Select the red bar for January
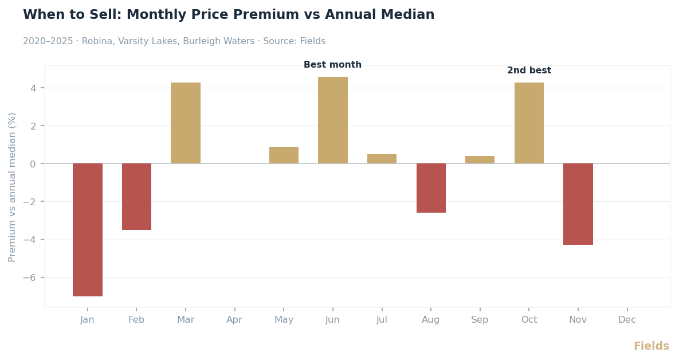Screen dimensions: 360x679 pos(88,229)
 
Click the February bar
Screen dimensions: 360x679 pos(136,197)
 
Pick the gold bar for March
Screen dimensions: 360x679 pos(186,123)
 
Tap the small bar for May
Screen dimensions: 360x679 pos(284,155)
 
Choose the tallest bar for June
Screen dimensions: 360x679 pos(333,120)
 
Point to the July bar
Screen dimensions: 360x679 pos(382,159)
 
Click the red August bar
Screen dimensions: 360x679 pos(431,188)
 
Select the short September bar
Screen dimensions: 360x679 pos(480,160)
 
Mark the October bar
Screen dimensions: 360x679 pos(529,123)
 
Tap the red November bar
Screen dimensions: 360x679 pos(578,204)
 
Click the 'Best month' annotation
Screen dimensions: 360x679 pos(332,65)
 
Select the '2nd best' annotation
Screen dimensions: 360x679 pos(529,71)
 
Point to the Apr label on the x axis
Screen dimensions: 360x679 pos(234,320)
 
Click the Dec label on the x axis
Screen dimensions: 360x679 pos(627,320)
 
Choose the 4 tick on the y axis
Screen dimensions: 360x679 pos(33,88)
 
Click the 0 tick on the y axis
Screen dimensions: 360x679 pos(33,164)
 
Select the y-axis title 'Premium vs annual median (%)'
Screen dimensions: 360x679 pos(12,187)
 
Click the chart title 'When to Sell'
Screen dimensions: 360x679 pos(229,15)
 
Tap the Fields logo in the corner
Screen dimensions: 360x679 pos(651,346)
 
